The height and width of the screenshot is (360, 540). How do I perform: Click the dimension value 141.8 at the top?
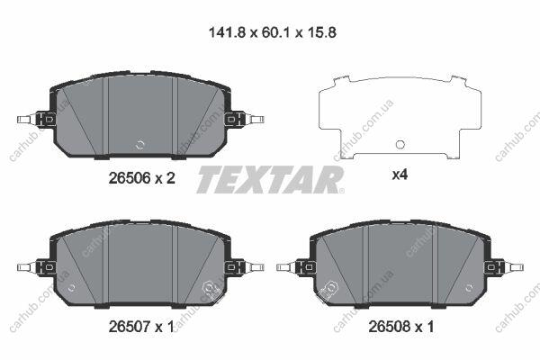pos(228,32)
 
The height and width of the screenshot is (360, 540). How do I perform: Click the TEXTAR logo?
pos(270,179)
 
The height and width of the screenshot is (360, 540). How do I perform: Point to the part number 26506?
pos(130,178)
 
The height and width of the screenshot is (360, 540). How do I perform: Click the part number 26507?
pos(130,327)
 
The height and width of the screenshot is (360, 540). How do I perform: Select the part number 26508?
pos(390,327)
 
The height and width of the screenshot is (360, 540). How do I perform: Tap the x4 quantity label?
pos(400,175)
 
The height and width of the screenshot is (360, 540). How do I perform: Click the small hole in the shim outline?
pos(400,145)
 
